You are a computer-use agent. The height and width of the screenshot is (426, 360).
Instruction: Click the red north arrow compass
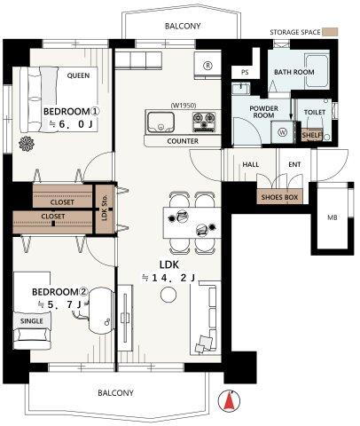pyautogui.click(x=229, y=401)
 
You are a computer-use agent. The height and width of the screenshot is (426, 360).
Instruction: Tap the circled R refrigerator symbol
pyautogui.click(x=208, y=66)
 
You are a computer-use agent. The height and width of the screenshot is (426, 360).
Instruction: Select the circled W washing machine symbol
pyautogui.click(x=283, y=132)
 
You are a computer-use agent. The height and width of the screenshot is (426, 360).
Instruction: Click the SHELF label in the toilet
pyautogui.click(x=312, y=135)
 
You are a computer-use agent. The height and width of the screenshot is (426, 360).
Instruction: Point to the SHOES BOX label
pyautogui.click(x=279, y=197)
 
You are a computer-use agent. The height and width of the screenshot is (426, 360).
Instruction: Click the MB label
pyautogui.click(x=333, y=217)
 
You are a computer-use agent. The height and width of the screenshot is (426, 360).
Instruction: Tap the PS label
pyautogui.click(x=245, y=73)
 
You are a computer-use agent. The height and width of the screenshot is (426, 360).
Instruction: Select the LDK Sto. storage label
pyautogui.click(x=105, y=208)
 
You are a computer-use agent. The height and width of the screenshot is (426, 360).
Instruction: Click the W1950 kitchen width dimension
pyautogui.click(x=184, y=105)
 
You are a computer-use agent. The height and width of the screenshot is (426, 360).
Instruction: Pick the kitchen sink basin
pyautogui.click(x=160, y=122)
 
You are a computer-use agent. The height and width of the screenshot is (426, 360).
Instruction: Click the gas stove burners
pyautogui.click(x=204, y=122)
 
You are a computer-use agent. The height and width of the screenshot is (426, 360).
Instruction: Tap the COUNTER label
pyautogui.click(x=183, y=141)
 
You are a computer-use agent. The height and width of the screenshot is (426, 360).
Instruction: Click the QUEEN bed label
pyautogui.click(x=78, y=75)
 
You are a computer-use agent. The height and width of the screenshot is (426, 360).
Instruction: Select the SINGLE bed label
pyautogui.click(x=32, y=321)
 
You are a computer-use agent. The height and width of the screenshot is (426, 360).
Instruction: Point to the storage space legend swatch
pyautogui.click(x=330, y=32)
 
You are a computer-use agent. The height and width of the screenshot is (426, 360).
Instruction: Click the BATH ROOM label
pyautogui.click(x=294, y=72)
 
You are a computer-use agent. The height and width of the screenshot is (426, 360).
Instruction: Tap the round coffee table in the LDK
pyautogui.click(x=168, y=295)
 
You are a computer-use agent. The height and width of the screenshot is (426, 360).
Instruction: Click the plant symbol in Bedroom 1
pyautogui.click(x=27, y=144)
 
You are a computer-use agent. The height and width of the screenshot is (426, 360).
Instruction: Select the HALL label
pyautogui.click(x=251, y=164)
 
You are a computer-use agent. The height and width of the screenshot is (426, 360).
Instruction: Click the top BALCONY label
pyautogui.click(x=183, y=26)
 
